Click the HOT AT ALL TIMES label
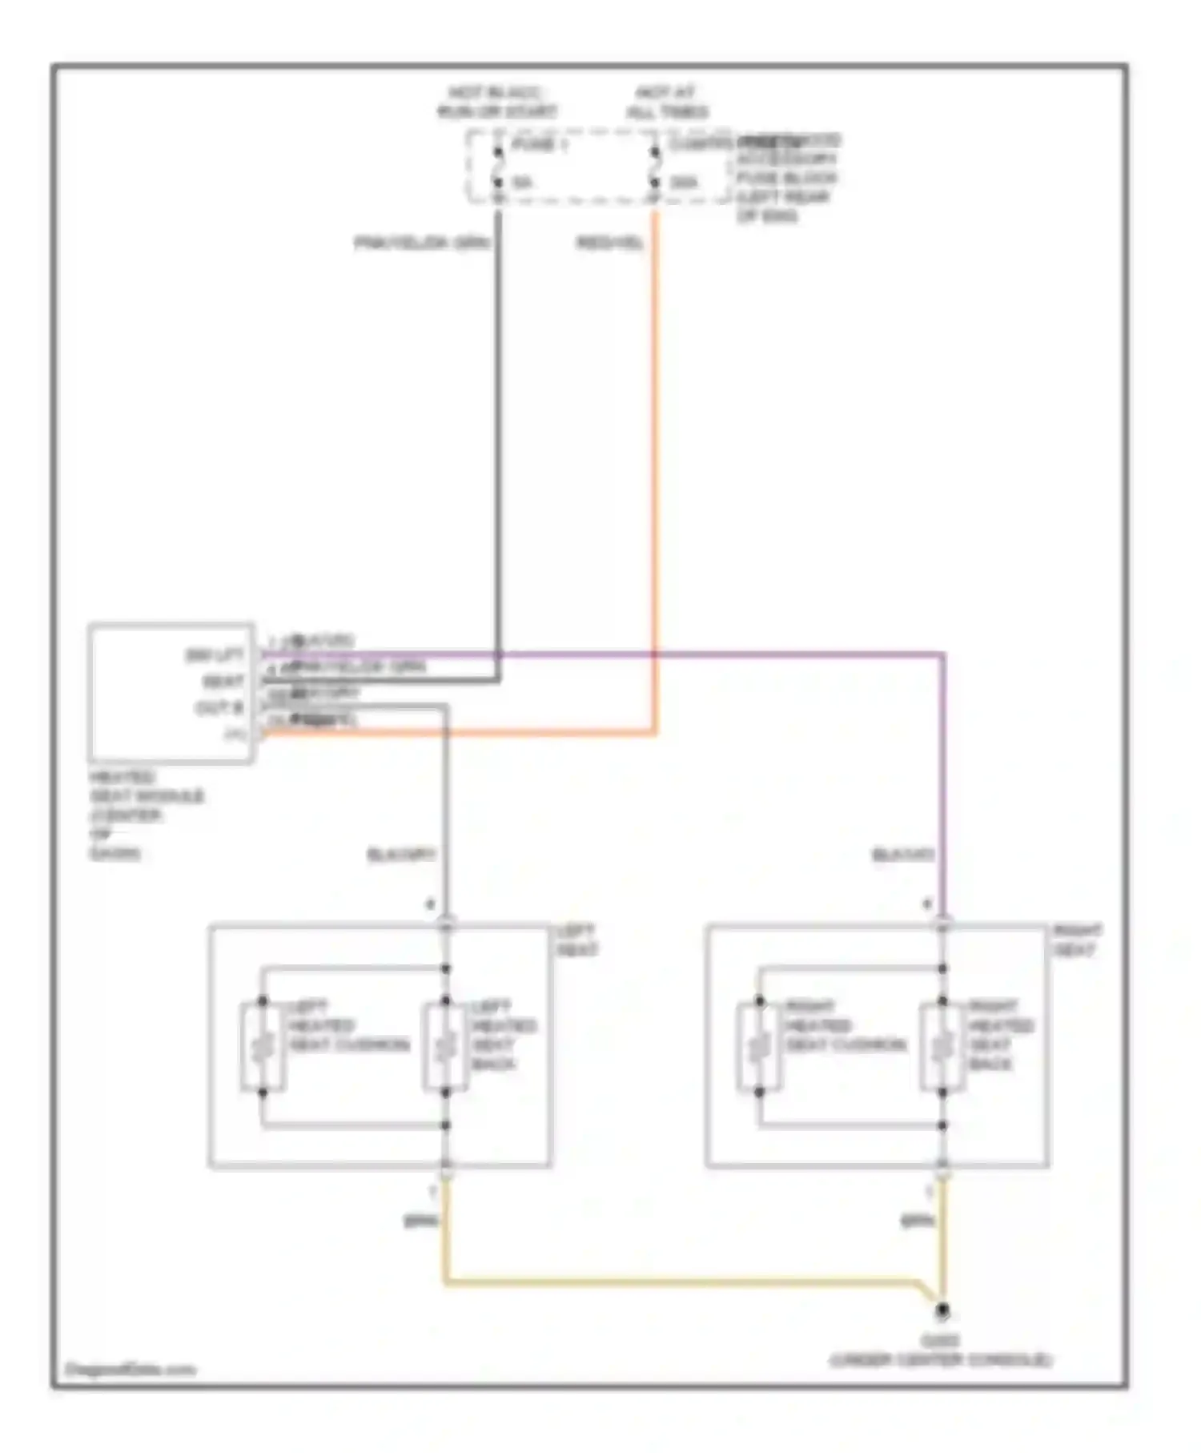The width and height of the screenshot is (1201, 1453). tap(667, 103)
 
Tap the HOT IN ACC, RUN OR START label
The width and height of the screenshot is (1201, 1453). tap(496, 103)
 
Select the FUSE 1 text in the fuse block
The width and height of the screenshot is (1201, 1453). tap(535, 146)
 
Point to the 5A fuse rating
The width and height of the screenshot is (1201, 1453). tap(523, 183)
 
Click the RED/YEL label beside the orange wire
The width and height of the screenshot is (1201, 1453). tap(610, 243)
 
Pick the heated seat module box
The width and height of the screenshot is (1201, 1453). tap(171, 692)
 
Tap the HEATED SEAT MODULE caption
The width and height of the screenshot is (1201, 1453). tap(146, 815)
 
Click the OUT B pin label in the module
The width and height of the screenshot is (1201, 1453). tap(219, 708)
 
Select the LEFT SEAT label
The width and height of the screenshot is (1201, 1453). tap(576, 940)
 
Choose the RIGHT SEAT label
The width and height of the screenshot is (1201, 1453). tap(1077, 940)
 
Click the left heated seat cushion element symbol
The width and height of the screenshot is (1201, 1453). tap(263, 1046)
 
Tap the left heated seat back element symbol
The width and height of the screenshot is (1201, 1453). tap(445, 1046)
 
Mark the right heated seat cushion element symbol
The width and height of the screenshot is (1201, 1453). tap(759, 1046)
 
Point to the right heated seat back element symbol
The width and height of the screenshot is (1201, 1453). tap(942, 1046)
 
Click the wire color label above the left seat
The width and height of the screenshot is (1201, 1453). tap(401, 855)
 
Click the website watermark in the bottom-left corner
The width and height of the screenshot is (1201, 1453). tap(130, 1370)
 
